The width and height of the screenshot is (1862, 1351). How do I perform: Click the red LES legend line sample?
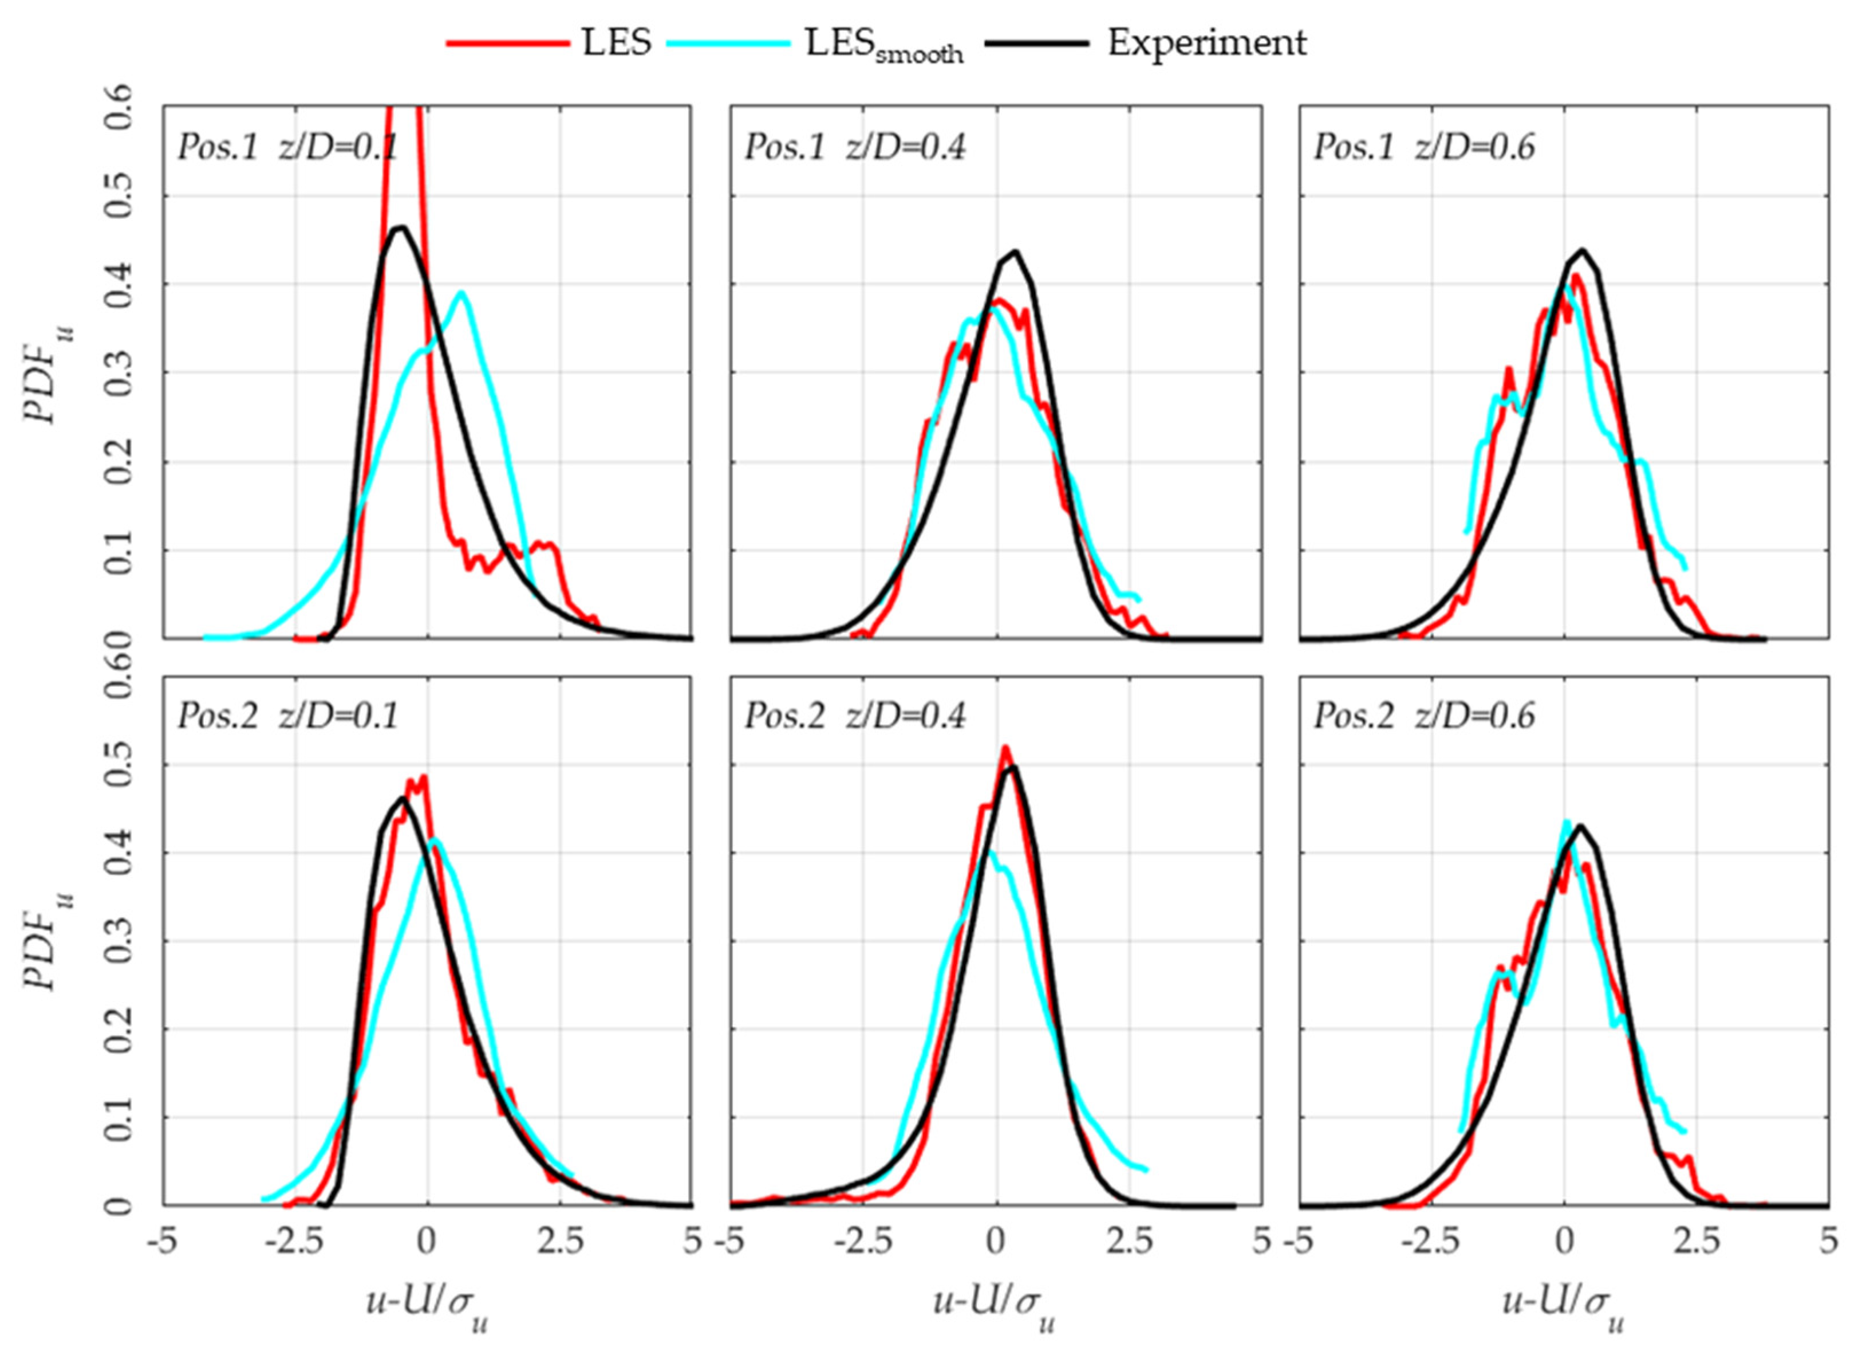click(x=507, y=43)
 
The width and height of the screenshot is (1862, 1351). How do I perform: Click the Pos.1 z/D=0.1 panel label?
click(x=287, y=148)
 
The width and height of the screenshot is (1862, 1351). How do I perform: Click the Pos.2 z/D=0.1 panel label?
click(x=287, y=717)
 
